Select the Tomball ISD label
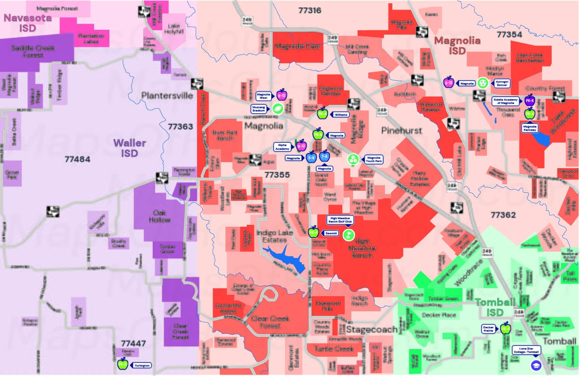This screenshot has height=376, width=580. click(x=494, y=308)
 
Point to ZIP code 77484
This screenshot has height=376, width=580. click(x=77, y=159)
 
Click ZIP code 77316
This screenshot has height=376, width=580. click(x=310, y=10)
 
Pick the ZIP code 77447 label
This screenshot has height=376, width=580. click(x=133, y=343)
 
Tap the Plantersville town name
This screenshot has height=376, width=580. click(x=167, y=96)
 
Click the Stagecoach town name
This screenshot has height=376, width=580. click(x=371, y=329)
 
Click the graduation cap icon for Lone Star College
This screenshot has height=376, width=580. click(x=536, y=364)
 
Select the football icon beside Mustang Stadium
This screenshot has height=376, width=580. click(x=276, y=109)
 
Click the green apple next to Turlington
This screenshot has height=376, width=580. click(x=123, y=364)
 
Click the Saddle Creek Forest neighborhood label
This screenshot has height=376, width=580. click(x=33, y=51)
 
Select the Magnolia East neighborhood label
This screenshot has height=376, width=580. click(x=297, y=46)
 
